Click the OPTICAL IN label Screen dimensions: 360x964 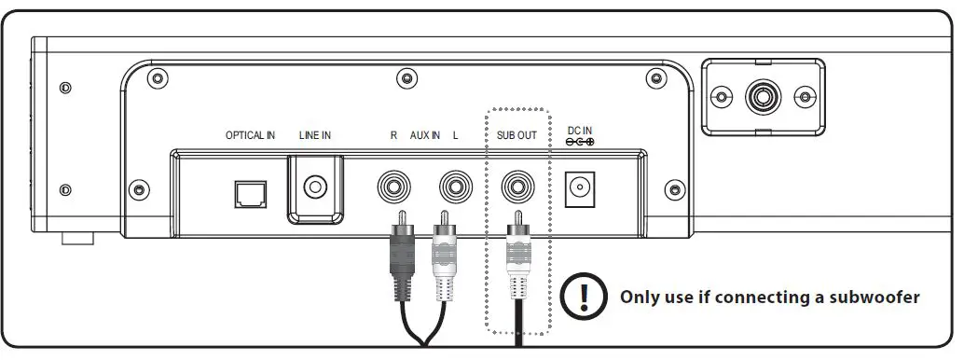(250, 136)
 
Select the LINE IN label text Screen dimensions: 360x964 (315, 136)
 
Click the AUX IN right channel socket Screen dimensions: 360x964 (394, 188)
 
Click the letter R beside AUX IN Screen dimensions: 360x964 (393, 136)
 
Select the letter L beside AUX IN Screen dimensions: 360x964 (455, 136)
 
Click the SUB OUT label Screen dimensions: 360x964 (517, 136)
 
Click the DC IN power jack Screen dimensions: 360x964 (582, 190)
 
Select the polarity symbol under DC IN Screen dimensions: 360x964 (581, 142)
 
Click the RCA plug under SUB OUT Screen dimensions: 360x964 (518, 256)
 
